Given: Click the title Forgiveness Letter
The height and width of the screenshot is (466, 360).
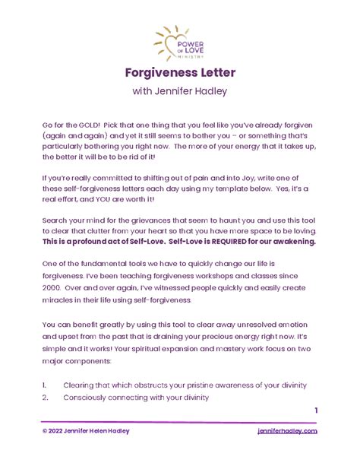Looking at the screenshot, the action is [180, 72].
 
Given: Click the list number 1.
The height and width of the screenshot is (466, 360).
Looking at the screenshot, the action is [46, 385].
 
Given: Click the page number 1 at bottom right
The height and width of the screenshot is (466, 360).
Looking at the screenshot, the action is [315, 411].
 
